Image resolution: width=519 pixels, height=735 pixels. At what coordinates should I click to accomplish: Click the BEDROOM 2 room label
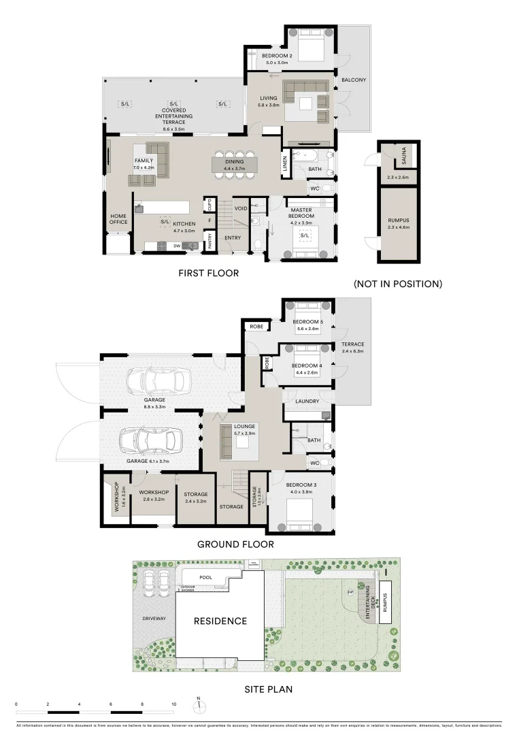[x=277, y=56]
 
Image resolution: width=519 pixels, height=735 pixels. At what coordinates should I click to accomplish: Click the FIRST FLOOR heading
[x=209, y=273]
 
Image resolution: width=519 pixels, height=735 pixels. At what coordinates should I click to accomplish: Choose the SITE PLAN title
[x=268, y=689]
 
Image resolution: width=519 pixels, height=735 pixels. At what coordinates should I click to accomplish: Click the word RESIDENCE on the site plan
[x=220, y=621]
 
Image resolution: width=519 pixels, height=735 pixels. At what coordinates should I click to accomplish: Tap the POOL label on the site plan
[x=206, y=578]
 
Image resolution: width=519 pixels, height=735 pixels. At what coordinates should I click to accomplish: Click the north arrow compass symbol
[x=198, y=705]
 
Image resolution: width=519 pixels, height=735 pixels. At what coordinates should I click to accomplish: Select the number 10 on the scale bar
[x=173, y=704]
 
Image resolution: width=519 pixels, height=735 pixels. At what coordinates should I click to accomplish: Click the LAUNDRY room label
[x=307, y=402]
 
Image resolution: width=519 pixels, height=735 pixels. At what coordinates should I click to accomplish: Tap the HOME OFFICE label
[x=118, y=219]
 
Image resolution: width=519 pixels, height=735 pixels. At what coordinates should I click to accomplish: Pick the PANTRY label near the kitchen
[x=210, y=240]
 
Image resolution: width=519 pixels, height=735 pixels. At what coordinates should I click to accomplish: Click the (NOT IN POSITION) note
[x=398, y=284]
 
